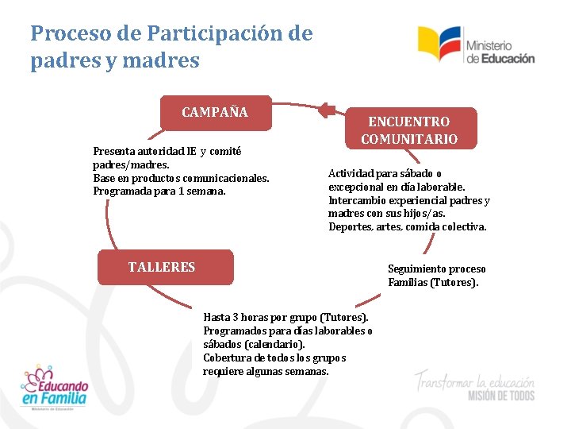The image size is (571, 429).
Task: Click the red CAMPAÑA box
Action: pyautogui.click(x=215, y=113)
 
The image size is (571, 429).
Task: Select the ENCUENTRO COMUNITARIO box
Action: pyautogui.click(x=409, y=129)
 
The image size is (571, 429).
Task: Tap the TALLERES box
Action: pyautogui.click(x=165, y=267)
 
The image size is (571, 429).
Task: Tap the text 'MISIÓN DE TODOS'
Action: pyautogui.click(x=500, y=395)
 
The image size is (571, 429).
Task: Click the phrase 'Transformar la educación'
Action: pyautogui.click(x=473, y=379)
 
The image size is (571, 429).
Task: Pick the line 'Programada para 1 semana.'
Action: pyautogui.click(x=159, y=191)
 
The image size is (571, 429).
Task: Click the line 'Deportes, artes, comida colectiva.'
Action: pyautogui.click(x=408, y=227)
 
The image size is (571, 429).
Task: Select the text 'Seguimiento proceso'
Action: pyautogui.click(x=436, y=269)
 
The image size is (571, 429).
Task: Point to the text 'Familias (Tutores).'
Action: pyautogui.click(x=433, y=282)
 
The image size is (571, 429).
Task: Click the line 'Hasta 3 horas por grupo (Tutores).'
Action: pyautogui.click(x=285, y=317)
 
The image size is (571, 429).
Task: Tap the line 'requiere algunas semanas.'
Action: pyautogui.click(x=266, y=372)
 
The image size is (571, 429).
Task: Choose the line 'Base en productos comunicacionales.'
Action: pyautogui.click(x=181, y=178)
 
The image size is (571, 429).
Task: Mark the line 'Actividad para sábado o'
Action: pyautogui.click(x=385, y=173)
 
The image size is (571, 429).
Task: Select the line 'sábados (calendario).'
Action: pyautogui.click(x=254, y=345)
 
